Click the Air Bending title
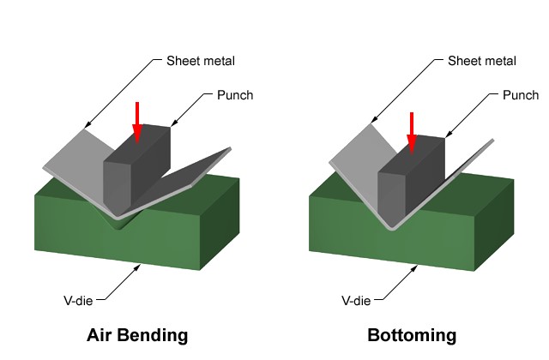coord(137,334)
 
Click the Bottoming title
coord(412,334)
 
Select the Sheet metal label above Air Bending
coord(200,61)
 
